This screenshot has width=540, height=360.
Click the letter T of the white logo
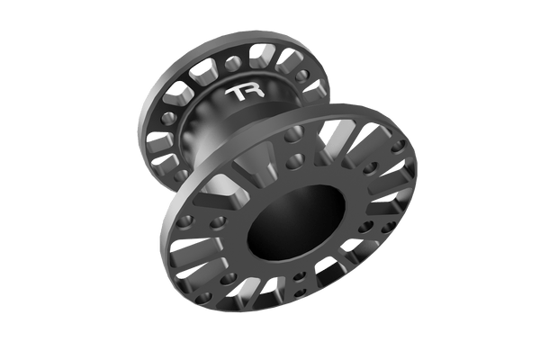(x=236, y=94)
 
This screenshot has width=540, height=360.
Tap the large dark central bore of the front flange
(x=296, y=223)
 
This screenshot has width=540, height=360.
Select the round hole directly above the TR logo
(x=233, y=63)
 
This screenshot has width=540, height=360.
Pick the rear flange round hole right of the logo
(x=302, y=76)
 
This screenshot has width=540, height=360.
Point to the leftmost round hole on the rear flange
(x=169, y=118)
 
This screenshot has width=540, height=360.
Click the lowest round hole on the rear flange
(x=181, y=175)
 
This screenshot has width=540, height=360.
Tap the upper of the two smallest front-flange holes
(x=300, y=276)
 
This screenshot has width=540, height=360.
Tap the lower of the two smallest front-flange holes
(x=300, y=293)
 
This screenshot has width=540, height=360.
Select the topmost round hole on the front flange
(x=293, y=134)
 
